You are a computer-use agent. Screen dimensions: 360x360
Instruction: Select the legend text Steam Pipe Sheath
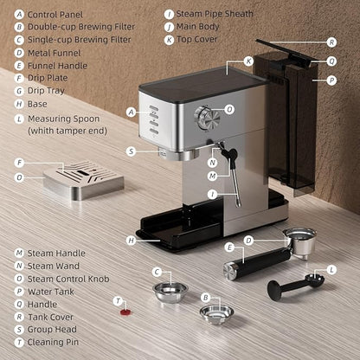point(215,15)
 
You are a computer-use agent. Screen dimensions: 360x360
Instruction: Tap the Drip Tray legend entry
point(47,88)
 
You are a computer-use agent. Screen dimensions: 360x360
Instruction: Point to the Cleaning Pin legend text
point(52,342)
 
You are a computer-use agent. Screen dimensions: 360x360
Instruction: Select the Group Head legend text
point(53,329)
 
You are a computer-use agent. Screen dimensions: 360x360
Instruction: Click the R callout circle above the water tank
point(331,42)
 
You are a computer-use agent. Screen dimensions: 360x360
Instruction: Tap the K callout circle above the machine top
point(248,61)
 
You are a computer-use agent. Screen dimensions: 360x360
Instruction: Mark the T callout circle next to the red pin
point(118,300)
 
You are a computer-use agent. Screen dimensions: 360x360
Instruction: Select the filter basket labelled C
point(170,292)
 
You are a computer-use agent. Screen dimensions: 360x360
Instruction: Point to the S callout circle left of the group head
point(131,151)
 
